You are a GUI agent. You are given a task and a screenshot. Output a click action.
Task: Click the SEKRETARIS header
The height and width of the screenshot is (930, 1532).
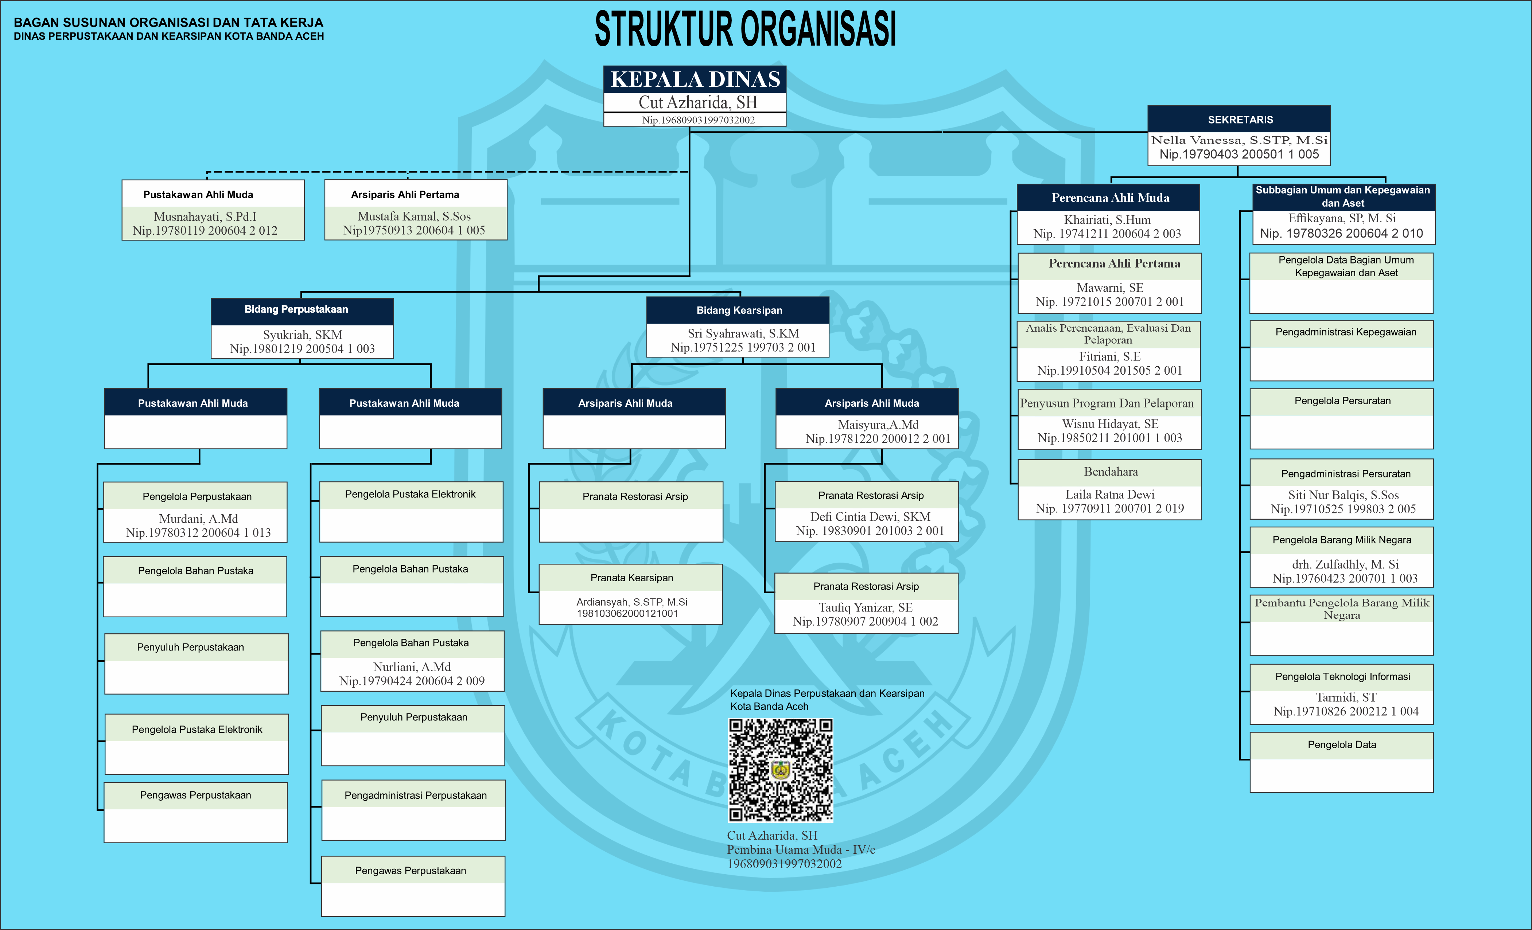pos(1240,120)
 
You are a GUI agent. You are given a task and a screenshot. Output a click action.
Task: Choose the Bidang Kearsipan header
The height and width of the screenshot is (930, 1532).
pos(739,310)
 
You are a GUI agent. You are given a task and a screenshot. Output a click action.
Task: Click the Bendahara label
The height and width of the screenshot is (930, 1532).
pos(1111,472)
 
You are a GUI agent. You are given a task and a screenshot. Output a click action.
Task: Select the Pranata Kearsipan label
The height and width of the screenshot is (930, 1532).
pos(631,578)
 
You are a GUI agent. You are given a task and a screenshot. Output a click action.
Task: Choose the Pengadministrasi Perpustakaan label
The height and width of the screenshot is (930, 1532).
pos(415,795)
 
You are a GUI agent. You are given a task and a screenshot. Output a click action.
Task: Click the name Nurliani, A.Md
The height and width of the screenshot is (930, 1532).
pos(412,667)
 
